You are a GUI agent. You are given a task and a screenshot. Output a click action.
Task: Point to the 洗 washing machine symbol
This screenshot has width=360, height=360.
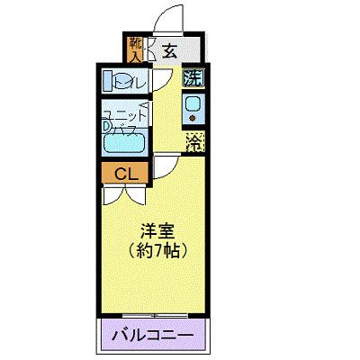(193, 78)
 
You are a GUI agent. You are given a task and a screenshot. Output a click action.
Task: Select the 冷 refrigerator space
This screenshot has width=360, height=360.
(193, 140)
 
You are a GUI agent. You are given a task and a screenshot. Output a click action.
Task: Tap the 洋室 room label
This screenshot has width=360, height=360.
(157, 229)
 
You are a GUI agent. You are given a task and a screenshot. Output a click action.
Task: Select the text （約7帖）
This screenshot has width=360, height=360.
(157, 249)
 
